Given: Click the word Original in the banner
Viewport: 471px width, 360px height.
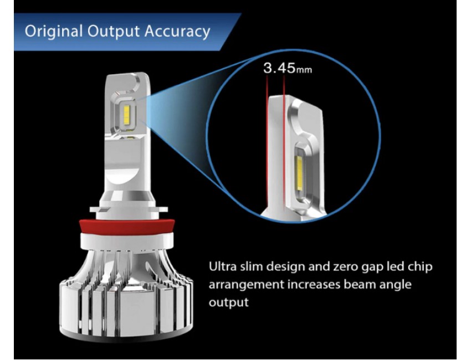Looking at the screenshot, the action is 53,32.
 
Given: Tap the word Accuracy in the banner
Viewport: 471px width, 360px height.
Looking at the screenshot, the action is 177,32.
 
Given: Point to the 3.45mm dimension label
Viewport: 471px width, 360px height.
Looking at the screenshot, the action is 288,68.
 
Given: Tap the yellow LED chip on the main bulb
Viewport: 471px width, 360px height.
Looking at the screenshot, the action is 127,115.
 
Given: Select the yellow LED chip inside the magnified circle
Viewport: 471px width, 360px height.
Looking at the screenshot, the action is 300,173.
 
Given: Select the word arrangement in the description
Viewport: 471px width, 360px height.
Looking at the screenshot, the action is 247,285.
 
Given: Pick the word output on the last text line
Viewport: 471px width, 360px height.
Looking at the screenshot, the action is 229,302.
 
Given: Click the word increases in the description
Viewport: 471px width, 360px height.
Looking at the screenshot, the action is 314,284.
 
